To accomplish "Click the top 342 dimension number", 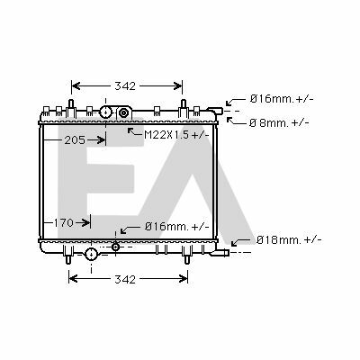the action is [125, 86].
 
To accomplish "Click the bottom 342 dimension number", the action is [125, 279].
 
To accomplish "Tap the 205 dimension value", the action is [75, 139].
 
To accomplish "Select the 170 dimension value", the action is [64, 223].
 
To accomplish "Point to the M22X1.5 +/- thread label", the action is [176, 135].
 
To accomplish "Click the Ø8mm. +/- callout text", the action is [279, 122].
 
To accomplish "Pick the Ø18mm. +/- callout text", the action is [289, 239].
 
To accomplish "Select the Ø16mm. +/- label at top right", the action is [282, 98].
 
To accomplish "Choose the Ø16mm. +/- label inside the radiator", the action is [177, 226].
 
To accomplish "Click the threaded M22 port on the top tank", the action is [123, 112].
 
